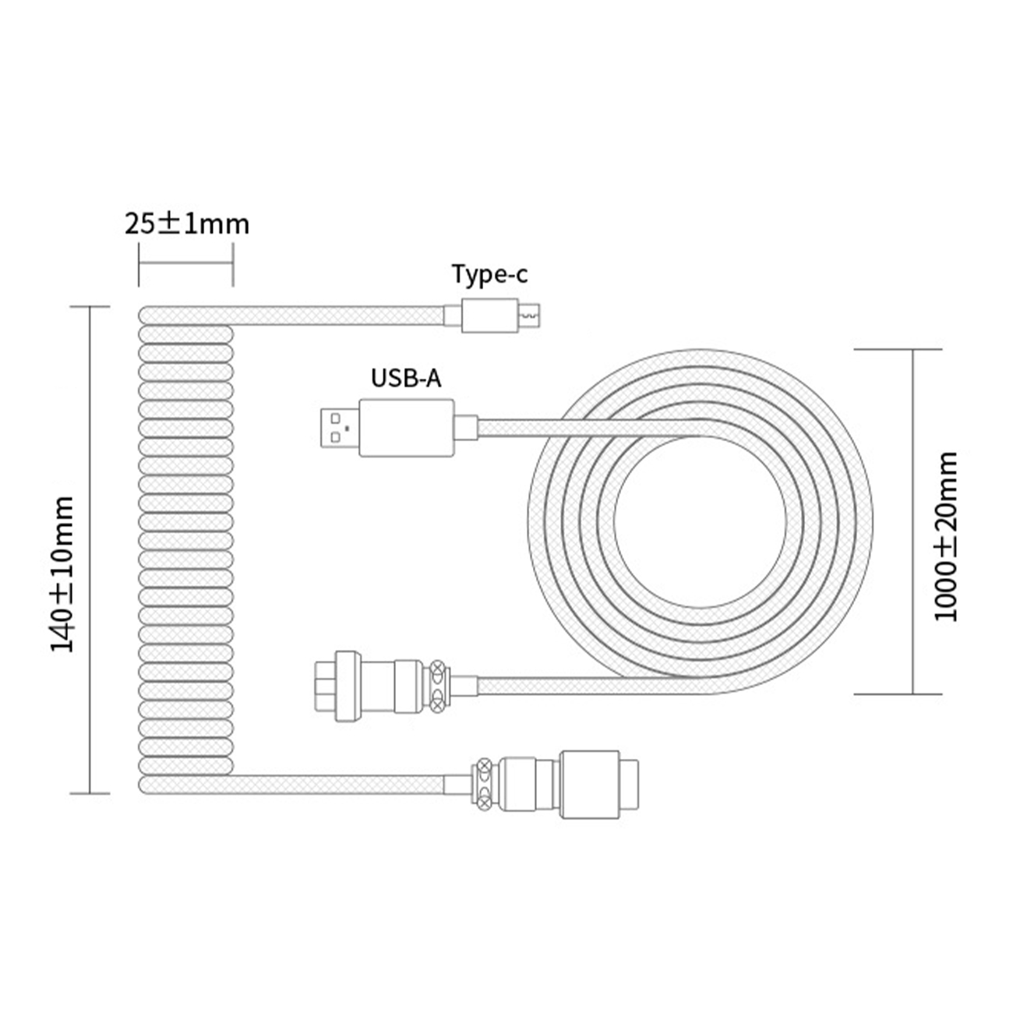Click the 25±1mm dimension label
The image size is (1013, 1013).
(187, 224)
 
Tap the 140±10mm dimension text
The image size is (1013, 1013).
(63, 574)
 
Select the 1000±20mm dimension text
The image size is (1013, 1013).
(946, 536)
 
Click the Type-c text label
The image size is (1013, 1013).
(490, 274)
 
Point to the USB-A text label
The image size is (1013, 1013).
(406, 378)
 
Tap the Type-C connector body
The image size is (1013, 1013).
(490, 316)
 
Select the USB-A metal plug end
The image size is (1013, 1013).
(341, 428)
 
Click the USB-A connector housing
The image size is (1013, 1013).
(407, 428)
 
